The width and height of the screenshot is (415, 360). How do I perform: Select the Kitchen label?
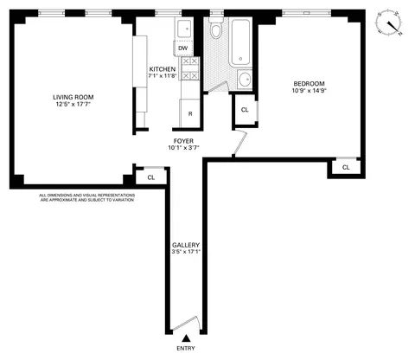(163, 69)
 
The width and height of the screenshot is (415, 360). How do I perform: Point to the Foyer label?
(182, 140)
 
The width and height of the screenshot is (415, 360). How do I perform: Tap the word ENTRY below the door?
(185, 348)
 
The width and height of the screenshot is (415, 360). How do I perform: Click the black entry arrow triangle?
(185, 337)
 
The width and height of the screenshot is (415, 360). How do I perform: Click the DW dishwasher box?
(183, 48)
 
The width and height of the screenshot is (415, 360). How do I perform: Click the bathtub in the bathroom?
(239, 42)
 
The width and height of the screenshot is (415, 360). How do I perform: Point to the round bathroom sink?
(244, 80)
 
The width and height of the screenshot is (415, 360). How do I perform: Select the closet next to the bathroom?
(245, 110)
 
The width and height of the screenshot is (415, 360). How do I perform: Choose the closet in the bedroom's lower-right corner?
(345, 166)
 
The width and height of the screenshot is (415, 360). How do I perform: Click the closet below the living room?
(150, 177)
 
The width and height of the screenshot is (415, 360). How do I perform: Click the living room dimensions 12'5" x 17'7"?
(73, 105)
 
